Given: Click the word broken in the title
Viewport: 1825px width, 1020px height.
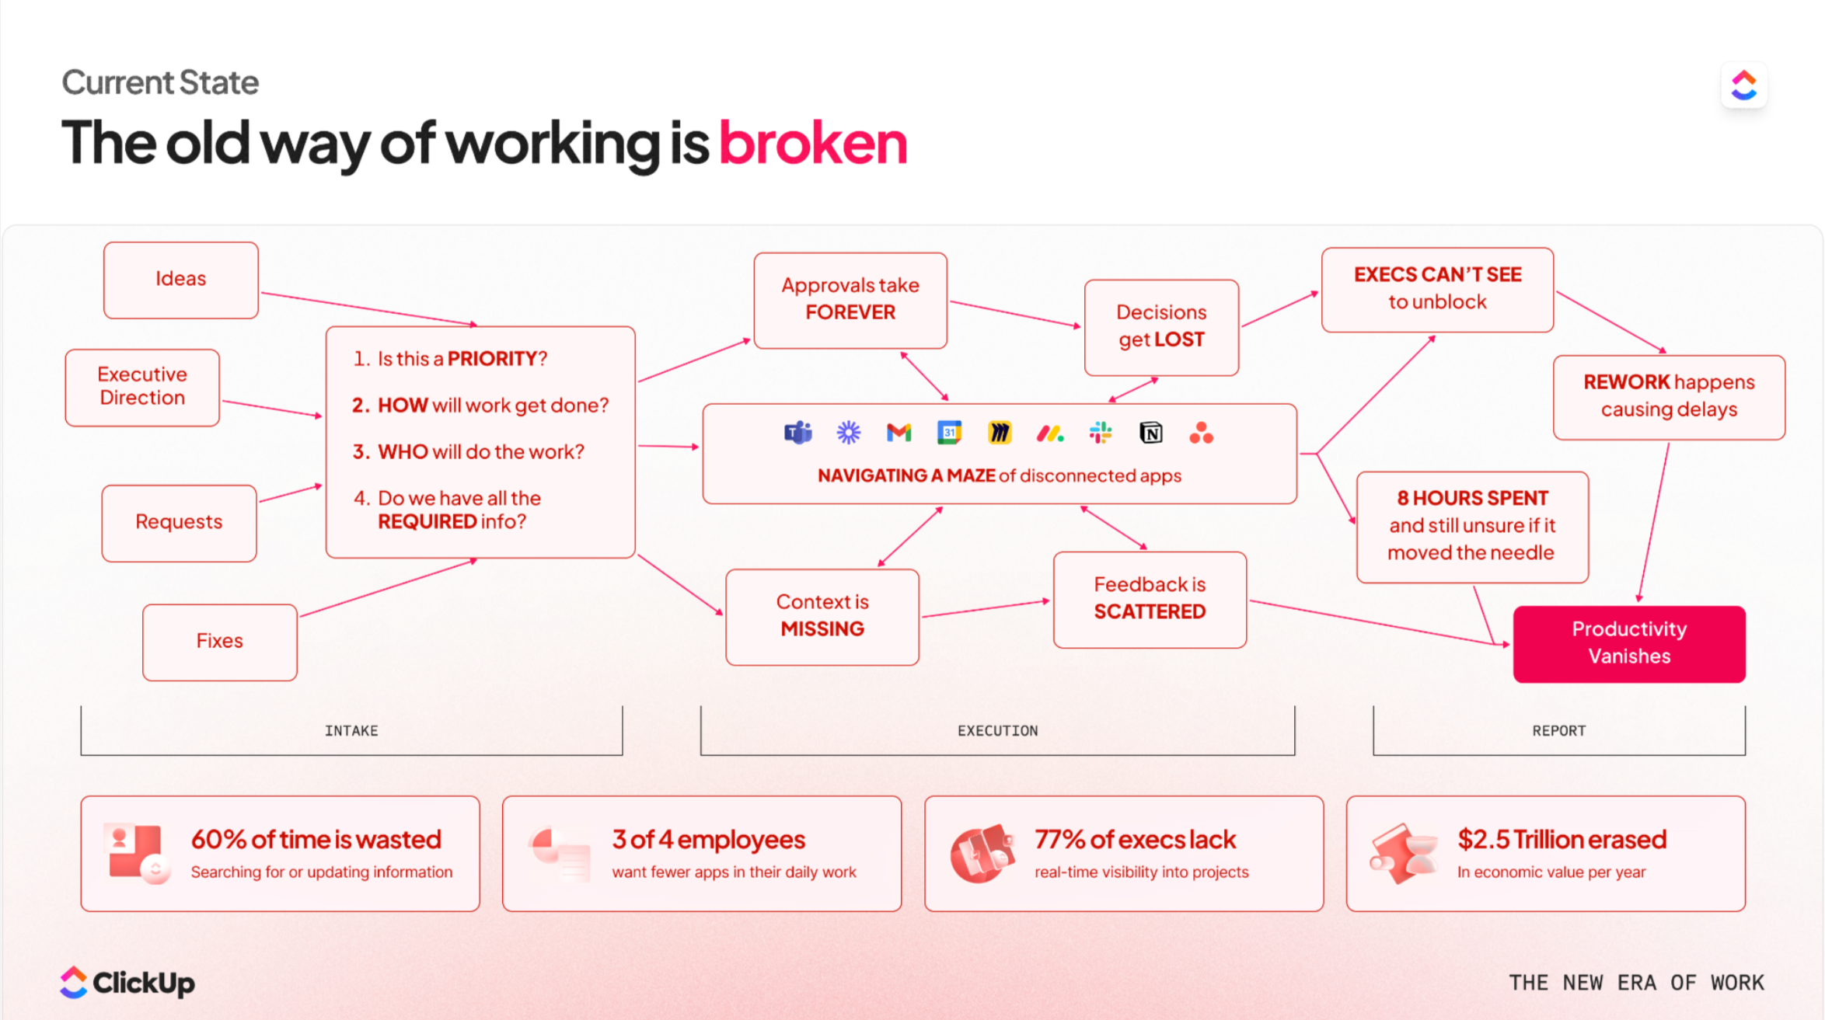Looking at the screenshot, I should point(812,144).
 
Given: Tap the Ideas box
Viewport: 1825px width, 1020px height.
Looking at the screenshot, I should point(180,279).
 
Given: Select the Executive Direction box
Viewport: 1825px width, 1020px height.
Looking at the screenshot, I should point(142,386).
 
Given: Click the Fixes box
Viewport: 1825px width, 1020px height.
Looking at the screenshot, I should point(219,641).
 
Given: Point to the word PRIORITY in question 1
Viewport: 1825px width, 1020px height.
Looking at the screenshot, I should point(492,359).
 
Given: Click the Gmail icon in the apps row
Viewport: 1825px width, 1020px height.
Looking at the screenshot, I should point(899,433).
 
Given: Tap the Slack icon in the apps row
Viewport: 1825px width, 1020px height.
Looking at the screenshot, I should point(1101,433).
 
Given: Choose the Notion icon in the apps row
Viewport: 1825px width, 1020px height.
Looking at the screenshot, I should point(1151,433).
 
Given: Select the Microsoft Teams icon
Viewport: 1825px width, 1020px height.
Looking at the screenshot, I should point(798,433).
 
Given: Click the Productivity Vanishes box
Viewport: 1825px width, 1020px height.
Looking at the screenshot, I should point(1628,643).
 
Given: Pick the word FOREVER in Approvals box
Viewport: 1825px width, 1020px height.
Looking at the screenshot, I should point(850,312).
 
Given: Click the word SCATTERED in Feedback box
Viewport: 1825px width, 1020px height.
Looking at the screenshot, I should point(1150,612).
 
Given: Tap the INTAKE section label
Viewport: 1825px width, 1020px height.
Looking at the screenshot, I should point(351,731).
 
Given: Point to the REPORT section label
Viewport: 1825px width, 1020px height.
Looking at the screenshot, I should point(1558,731).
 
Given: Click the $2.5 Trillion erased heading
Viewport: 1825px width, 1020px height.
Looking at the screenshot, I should point(1562,840).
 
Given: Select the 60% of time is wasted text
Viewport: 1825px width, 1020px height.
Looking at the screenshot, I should point(316,840).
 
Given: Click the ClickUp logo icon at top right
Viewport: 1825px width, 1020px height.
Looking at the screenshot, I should point(1743,85).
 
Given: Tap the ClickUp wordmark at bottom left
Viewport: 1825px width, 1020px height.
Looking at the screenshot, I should point(143,983).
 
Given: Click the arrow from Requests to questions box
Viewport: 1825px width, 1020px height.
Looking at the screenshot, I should point(290,493).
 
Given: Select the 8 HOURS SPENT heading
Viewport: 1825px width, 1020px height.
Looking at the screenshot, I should point(1472,498).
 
